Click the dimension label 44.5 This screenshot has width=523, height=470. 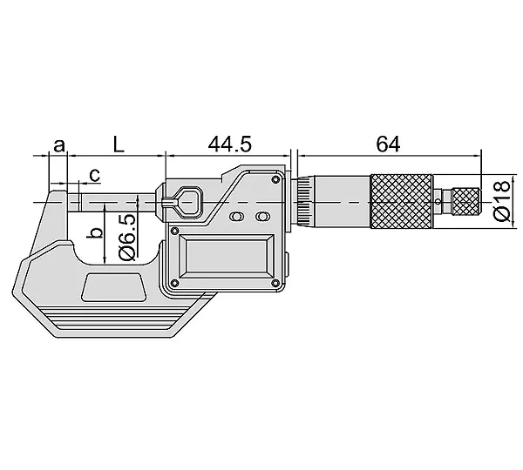(x=230, y=144)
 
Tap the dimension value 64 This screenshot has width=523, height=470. (x=388, y=144)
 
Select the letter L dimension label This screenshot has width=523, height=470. (x=119, y=144)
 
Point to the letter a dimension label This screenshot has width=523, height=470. (x=59, y=145)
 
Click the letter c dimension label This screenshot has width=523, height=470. (x=95, y=175)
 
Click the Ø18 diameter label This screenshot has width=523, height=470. (x=503, y=200)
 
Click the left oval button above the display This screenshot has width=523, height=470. (x=236, y=217)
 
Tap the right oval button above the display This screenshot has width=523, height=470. (x=262, y=217)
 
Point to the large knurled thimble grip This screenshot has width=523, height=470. (x=402, y=201)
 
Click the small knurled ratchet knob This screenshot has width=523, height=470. (x=466, y=202)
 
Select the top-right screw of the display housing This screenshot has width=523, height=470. (x=275, y=180)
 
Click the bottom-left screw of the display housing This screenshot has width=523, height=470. (x=173, y=284)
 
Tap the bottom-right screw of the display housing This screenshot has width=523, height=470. (x=275, y=284)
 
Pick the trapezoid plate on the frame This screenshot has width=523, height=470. (x=114, y=287)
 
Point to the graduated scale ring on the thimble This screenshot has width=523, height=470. (x=304, y=202)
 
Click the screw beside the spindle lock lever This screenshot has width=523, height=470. (x=173, y=231)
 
